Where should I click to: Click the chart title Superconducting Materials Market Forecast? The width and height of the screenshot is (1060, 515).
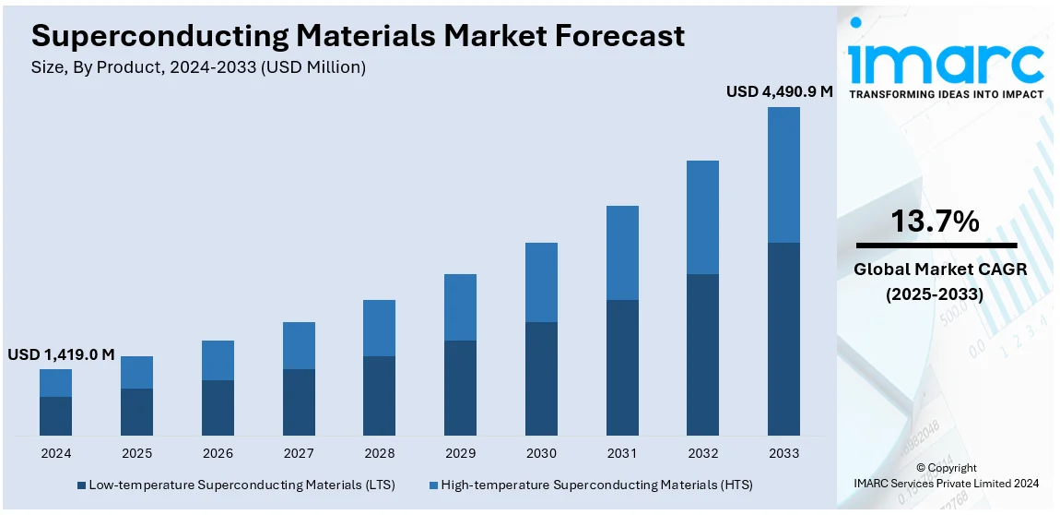358,35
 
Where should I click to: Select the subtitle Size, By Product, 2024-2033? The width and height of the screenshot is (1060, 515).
198,67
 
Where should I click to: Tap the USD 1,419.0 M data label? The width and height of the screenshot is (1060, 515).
61,354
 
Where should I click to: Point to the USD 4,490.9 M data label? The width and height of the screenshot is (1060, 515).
779,91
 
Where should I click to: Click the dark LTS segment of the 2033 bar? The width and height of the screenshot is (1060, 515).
783,339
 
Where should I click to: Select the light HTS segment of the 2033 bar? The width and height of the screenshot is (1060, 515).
783,174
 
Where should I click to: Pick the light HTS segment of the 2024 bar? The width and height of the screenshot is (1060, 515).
55,383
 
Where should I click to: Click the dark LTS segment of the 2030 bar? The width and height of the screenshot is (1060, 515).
541,378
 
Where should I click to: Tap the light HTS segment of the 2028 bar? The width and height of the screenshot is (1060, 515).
379,328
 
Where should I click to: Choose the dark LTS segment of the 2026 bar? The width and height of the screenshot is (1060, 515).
218,407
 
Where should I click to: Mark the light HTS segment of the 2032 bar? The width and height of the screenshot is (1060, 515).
702,217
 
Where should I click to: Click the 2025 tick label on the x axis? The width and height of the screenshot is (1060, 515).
136,453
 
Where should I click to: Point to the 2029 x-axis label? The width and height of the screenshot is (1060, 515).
460,453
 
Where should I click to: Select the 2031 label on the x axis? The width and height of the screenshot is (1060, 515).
622,453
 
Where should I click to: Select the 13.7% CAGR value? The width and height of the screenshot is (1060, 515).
935,222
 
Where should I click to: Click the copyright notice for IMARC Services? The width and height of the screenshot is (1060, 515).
947,475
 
